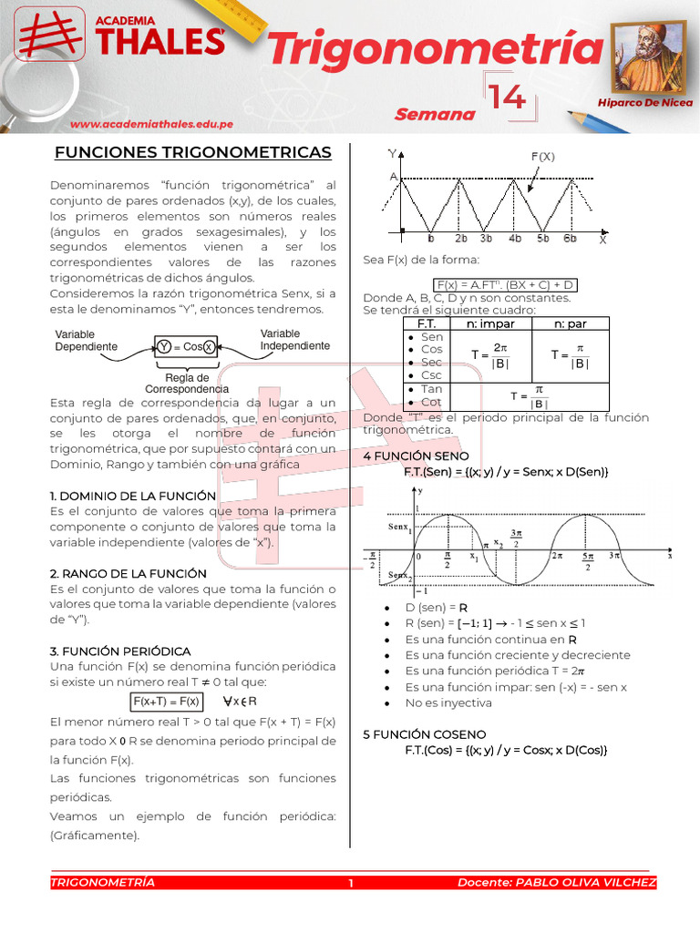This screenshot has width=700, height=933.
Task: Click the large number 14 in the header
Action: (x=506, y=97)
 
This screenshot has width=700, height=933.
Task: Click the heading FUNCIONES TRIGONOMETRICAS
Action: (x=192, y=151)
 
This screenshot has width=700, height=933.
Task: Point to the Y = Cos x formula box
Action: (x=186, y=346)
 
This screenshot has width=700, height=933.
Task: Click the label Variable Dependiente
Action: (x=87, y=341)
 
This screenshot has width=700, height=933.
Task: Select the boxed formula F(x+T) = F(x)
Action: (x=166, y=702)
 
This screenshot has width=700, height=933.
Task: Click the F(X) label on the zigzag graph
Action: (x=543, y=156)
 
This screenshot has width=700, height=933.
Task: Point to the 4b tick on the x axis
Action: (x=516, y=240)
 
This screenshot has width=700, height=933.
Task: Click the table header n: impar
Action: (x=490, y=323)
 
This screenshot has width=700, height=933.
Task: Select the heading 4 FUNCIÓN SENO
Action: (x=416, y=456)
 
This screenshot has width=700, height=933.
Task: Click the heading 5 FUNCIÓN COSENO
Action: (x=424, y=733)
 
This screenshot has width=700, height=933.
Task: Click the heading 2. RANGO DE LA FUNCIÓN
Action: (x=129, y=573)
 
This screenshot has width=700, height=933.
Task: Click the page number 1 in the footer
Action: (x=350, y=883)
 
